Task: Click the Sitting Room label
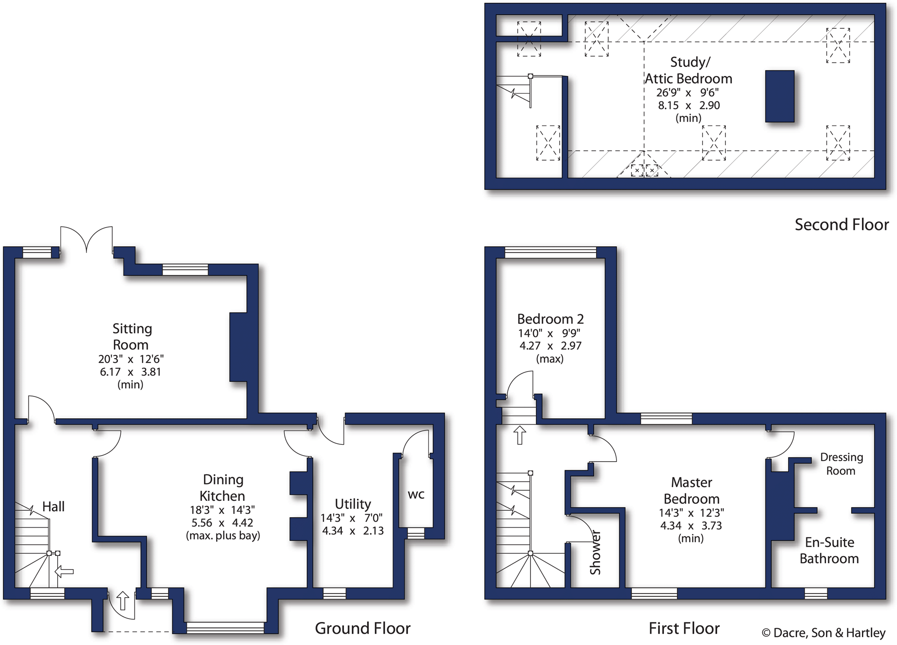(132, 336)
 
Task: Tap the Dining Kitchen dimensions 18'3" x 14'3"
(222, 510)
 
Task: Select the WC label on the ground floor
(416, 495)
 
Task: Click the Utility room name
(353, 504)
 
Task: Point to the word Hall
(53, 507)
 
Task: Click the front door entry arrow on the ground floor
(122, 600)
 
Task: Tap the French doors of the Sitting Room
(87, 239)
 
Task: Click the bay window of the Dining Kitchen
(225, 628)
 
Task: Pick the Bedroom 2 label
(550, 319)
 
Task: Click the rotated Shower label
(596, 552)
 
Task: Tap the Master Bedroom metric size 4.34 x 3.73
(691, 526)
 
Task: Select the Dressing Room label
(841, 464)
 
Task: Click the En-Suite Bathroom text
(829, 550)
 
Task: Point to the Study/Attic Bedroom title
(688, 70)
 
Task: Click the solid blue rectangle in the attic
(780, 96)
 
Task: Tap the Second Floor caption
(841, 225)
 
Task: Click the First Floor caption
(684, 629)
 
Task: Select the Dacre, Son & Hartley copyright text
(823, 633)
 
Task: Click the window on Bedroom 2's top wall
(550, 252)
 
